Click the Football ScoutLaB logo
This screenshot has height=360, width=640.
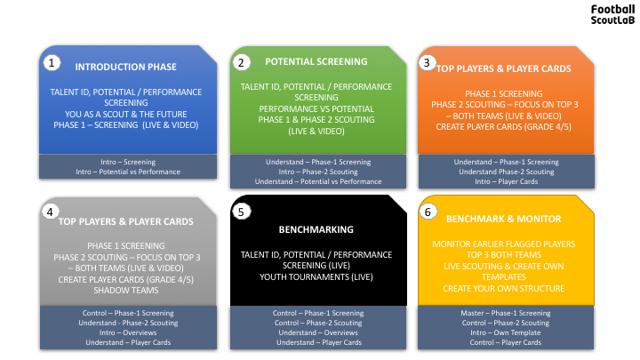pos(612,15)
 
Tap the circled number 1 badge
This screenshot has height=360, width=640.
pos(52,63)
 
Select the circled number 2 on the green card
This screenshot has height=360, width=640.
pos(241,63)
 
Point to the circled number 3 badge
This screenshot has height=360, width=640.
pos(427,63)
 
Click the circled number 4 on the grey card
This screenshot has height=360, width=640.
pos(50,212)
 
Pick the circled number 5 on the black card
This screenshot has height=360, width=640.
pos(241,212)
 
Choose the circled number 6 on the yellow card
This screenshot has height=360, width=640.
pos(428,212)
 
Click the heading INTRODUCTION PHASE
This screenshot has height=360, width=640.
pos(125,67)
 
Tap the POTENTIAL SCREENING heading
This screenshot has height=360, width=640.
pos(316,61)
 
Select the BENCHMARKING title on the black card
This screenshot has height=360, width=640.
pos(316,229)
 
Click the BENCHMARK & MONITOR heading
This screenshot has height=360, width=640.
pos(504,220)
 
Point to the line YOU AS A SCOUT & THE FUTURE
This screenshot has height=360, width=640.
pos(125,115)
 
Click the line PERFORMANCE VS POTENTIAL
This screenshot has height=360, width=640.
pos(316,109)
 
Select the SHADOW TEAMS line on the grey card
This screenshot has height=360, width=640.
pos(125,291)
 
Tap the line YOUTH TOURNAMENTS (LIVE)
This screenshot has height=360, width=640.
pos(316,277)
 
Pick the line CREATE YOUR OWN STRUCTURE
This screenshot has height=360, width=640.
pos(504,289)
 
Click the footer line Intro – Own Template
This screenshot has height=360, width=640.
pos(505,332)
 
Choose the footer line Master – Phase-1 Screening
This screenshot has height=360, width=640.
pos(505,313)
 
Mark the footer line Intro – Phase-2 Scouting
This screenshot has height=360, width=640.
pos(318,172)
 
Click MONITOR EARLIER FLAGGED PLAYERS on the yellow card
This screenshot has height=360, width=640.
pos(504,244)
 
